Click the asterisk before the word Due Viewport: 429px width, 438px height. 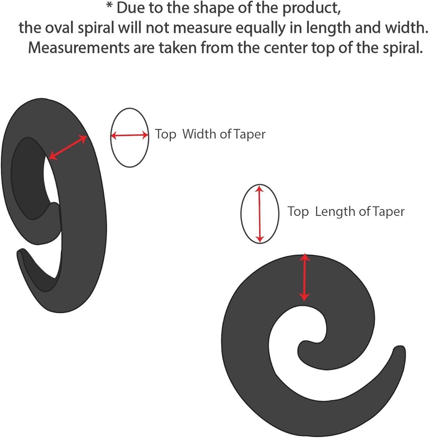(x=109, y=7)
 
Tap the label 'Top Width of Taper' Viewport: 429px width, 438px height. (x=210, y=134)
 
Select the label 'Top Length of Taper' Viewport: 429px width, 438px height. (x=346, y=212)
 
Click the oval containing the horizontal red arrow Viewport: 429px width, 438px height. (x=129, y=136)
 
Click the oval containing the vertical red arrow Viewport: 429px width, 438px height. (x=260, y=214)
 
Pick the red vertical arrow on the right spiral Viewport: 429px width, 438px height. (x=305, y=278)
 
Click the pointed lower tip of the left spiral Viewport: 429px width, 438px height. (x=20, y=253)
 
